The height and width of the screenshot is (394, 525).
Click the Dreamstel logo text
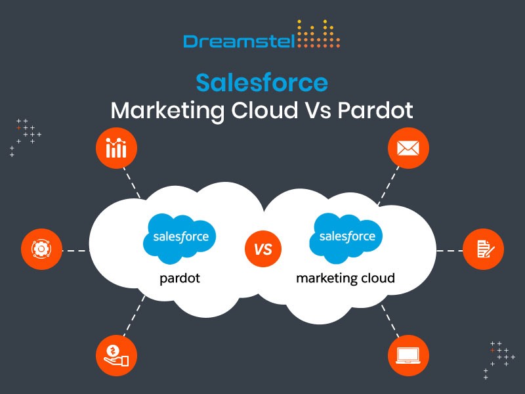click(239, 41)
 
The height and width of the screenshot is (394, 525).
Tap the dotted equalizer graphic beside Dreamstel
click(318, 33)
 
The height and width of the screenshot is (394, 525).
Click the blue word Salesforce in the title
click(262, 83)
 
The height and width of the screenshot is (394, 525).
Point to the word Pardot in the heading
click(375, 110)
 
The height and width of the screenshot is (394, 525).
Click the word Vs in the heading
click(318, 110)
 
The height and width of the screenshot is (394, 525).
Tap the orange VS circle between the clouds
click(263, 249)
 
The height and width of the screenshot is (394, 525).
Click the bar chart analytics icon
click(116, 148)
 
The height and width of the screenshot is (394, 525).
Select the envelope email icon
click(408, 148)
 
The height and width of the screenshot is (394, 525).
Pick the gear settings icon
click(41, 249)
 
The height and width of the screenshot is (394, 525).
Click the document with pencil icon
click(483, 249)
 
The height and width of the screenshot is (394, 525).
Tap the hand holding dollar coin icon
click(116, 355)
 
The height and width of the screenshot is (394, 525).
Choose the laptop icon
click(408, 355)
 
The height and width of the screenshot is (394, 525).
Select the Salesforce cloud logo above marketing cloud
click(346, 238)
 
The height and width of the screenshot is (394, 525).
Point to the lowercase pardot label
click(180, 278)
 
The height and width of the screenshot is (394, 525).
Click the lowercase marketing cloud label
click(346, 278)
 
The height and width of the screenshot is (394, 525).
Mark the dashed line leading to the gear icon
click(76, 251)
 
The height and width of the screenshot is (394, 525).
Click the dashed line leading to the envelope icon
click(388, 185)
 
